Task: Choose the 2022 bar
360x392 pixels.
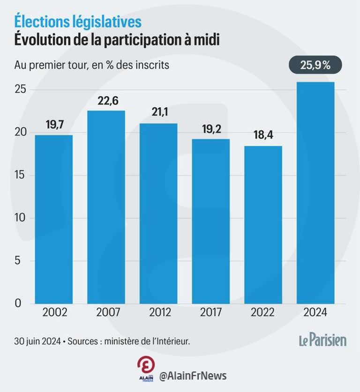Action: (263, 225)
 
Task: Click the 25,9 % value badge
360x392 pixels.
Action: (315, 65)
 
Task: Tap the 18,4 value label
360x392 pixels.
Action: (263, 136)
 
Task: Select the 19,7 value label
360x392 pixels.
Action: (54, 125)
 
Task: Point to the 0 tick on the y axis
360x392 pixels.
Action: (17, 303)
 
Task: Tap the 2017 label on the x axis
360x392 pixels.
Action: (211, 312)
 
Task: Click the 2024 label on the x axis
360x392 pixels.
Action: (315, 312)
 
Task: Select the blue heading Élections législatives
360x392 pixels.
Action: (77, 22)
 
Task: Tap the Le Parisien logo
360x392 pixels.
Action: (323, 340)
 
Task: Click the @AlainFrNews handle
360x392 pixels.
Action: (193, 376)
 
